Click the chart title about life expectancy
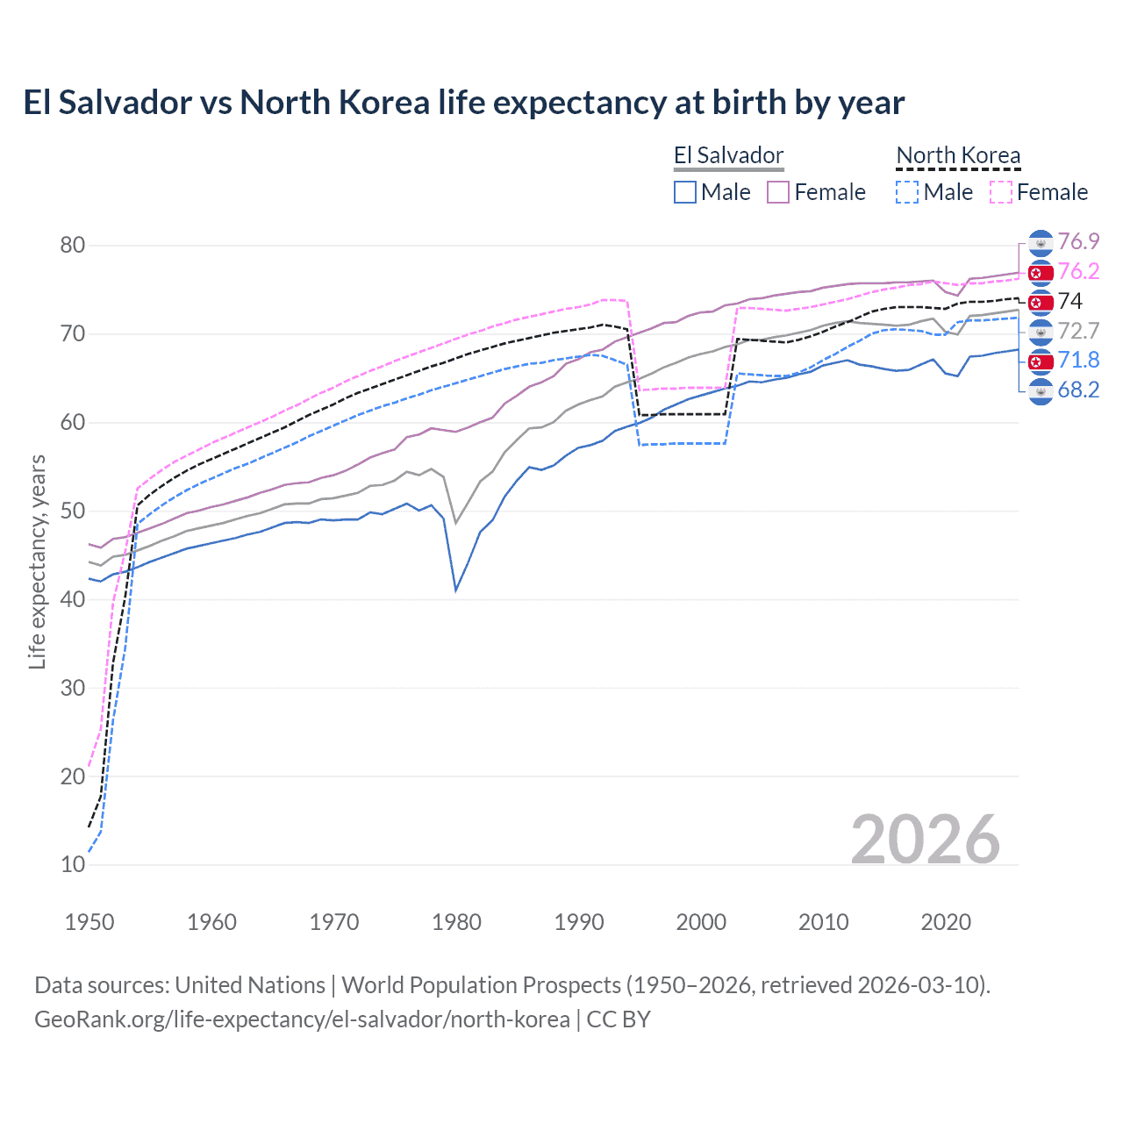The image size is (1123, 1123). pyautogui.click(x=463, y=103)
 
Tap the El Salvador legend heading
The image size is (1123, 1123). pyautogui.click(x=728, y=156)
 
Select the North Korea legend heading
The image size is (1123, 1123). pyautogui.click(x=958, y=156)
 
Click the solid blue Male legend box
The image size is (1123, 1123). pyautogui.click(x=685, y=192)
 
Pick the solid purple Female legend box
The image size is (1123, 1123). pyautogui.click(x=778, y=192)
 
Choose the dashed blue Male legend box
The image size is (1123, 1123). pyautogui.click(x=907, y=192)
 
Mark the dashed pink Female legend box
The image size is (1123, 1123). pyautogui.click(x=1001, y=192)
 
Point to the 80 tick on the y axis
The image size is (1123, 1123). pyautogui.click(x=72, y=246)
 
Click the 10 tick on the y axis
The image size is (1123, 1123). pyautogui.click(x=72, y=865)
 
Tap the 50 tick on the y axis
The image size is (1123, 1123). pyautogui.click(x=72, y=511)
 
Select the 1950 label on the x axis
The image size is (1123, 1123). pyautogui.click(x=89, y=922)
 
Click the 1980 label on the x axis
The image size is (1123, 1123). pyautogui.click(x=457, y=922)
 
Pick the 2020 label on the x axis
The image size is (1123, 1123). pyautogui.click(x=946, y=922)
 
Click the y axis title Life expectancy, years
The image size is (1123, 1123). pyautogui.click(x=37, y=561)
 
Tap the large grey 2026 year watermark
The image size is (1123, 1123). pyautogui.click(x=926, y=840)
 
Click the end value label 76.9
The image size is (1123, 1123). pyautogui.click(x=1078, y=242)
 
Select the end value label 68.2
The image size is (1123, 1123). pyautogui.click(x=1078, y=390)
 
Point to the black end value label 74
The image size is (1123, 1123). pyautogui.click(x=1070, y=302)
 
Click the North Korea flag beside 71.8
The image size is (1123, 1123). pyautogui.click(x=1041, y=361)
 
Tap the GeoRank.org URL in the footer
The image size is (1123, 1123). pyautogui.click(x=302, y=1019)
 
